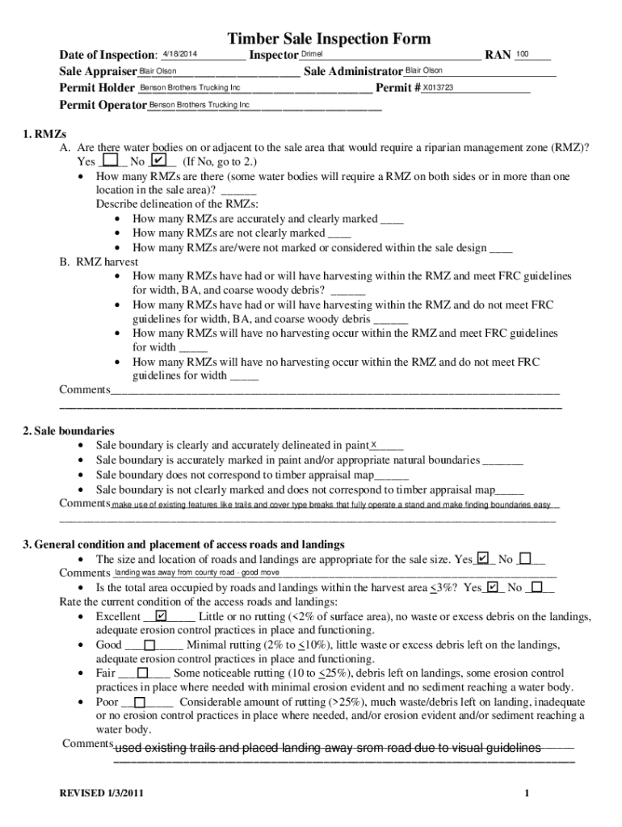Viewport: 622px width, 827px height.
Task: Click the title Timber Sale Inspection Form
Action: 329,39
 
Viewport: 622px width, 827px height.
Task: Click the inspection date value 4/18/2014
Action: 179,54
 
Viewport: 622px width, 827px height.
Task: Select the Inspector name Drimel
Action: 312,54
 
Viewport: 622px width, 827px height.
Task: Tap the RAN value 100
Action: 522,54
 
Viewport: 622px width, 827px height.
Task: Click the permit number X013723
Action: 438,87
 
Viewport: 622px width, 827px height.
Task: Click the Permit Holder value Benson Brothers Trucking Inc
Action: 190,87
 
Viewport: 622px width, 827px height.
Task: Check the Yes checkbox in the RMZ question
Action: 111,161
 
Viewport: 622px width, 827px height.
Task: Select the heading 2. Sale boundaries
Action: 69,430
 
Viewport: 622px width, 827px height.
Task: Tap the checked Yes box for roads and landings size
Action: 483,558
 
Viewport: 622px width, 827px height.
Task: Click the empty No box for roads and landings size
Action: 525,558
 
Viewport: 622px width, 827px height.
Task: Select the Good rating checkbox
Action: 150,644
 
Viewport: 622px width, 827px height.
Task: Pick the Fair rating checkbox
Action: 142,673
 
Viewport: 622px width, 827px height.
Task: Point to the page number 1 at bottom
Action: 526,794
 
